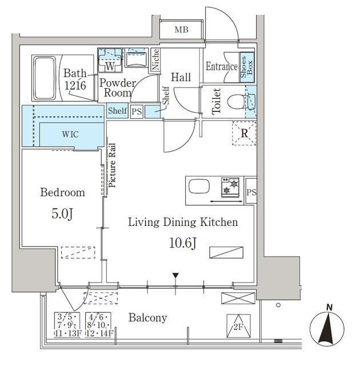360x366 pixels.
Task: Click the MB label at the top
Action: coord(181,30)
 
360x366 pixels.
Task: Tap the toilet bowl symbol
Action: coord(236,102)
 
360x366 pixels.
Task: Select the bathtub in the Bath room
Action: coord(45,78)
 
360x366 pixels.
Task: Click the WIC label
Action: coord(70,134)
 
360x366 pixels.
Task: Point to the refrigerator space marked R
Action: coord(244,133)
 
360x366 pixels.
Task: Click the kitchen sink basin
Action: coord(199,186)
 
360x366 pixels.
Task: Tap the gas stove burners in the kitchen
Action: coord(230,188)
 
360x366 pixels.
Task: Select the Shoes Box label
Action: coord(247,67)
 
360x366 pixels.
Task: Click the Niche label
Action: coord(155,59)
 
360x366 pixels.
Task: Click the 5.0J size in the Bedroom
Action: coord(62,213)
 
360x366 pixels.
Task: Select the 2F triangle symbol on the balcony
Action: coord(238,326)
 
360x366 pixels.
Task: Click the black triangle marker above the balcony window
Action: coord(175,276)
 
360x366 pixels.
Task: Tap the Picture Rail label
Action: coord(112,165)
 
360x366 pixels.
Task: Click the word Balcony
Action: coord(148,318)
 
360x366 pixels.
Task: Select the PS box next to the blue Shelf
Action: coord(137,112)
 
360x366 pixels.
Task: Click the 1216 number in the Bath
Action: coord(75,85)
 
